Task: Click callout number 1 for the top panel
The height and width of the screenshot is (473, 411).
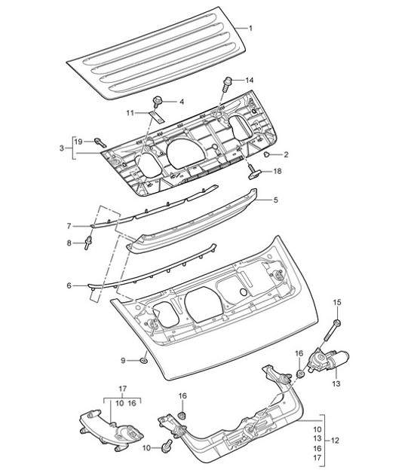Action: [x=251, y=29]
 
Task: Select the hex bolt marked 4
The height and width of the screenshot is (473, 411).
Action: [x=158, y=100]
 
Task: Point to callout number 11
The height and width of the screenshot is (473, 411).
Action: [x=130, y=112]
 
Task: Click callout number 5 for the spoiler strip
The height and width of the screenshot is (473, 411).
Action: [x=275, y=200]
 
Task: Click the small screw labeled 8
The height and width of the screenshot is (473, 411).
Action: [x=90, y=242]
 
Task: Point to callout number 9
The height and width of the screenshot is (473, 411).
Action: [x=125, y=361]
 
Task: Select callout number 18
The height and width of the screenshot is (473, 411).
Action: [x=278, y=172]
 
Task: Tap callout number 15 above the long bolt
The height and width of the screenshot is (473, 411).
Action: [x=338, y=302]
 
